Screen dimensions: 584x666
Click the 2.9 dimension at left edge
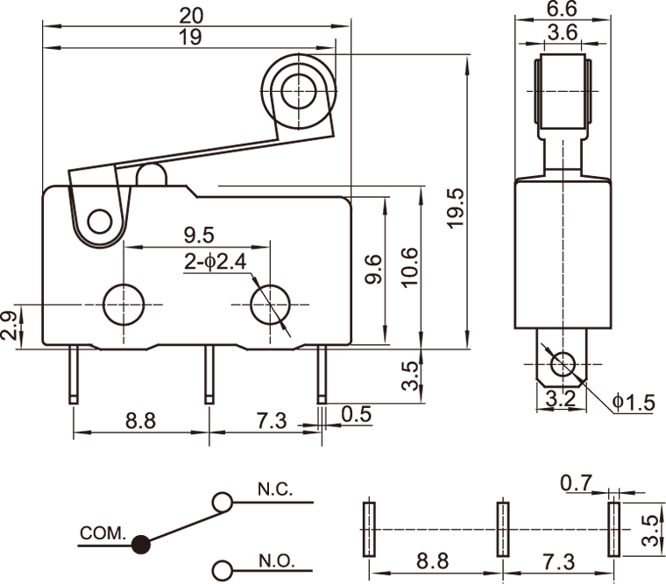pyautogui.click(x=9, y=324)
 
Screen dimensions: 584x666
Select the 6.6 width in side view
pyautogui.click(x=561, y=10)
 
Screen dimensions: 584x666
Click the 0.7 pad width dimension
pyautogui.click(x=576, y=481)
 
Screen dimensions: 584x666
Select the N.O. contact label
pyautogui.click(x=276, y=560)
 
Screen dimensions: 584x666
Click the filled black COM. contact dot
pyautogui.click(x=139, y=545)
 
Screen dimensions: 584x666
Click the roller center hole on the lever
pyautogui.click(x=298, y=88)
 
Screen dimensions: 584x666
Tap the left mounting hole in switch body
pyautogui.click(x=124, y=305)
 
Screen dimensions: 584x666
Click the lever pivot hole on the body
pyautogui.click(x=101, y=221)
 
